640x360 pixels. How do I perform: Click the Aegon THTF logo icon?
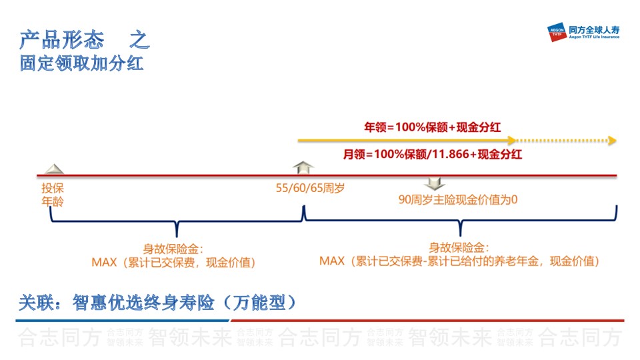coord(557,32)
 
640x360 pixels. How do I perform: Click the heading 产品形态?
coord(61,40)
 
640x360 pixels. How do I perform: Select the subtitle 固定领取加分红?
coord(81,64)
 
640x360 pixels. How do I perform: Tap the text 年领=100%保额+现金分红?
coord(432,127)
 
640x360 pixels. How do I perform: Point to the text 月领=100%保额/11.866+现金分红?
coord(432,154)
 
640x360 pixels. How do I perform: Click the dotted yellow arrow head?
coord(612,141)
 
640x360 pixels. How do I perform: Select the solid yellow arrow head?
coord(512,141)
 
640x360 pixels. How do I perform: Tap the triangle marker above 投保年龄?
coord(54,169)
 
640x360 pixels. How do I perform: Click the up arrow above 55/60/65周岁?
coord(303,167)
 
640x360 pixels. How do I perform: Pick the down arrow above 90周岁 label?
coord(435,184)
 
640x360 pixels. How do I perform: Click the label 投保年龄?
coord(53,195)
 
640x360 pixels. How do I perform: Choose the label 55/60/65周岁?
coord(310,188)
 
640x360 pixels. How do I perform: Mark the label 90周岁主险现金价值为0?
coord(458,199)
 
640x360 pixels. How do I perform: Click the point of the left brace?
coord(177,237)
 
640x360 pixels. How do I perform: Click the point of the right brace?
coord(461,236)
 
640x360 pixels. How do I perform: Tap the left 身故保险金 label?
coord(173,249)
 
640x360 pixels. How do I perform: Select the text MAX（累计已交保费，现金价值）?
coord(174,263)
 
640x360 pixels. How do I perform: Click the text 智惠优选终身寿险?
coord(143,303)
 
